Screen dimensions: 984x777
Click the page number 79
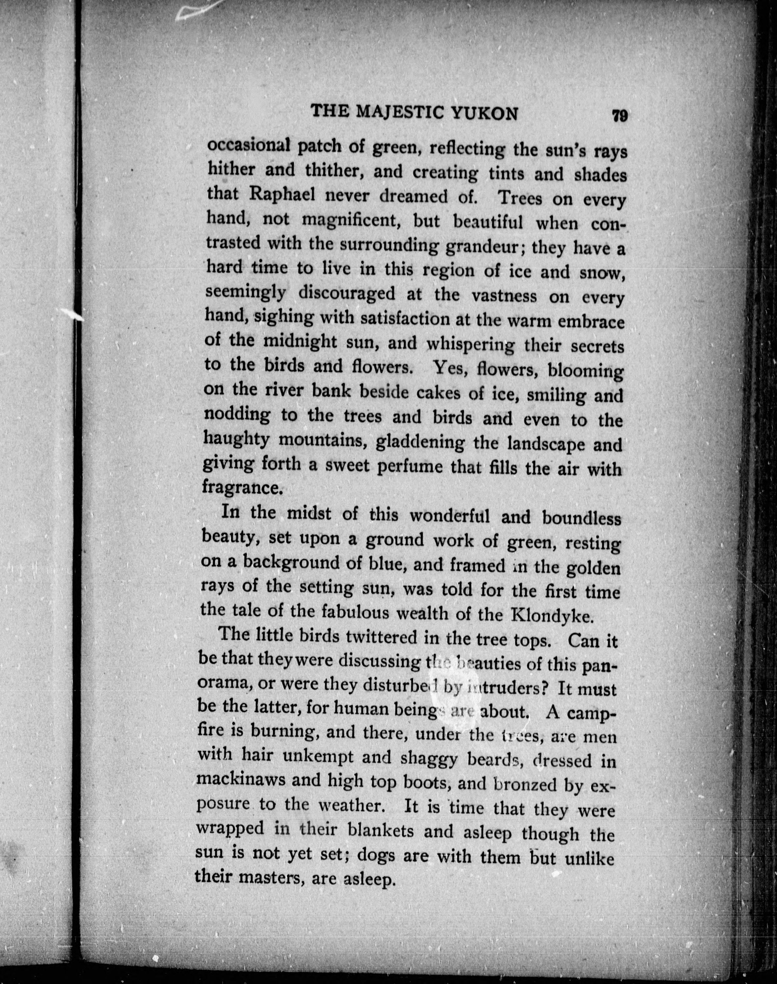click(x=620, y=115)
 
